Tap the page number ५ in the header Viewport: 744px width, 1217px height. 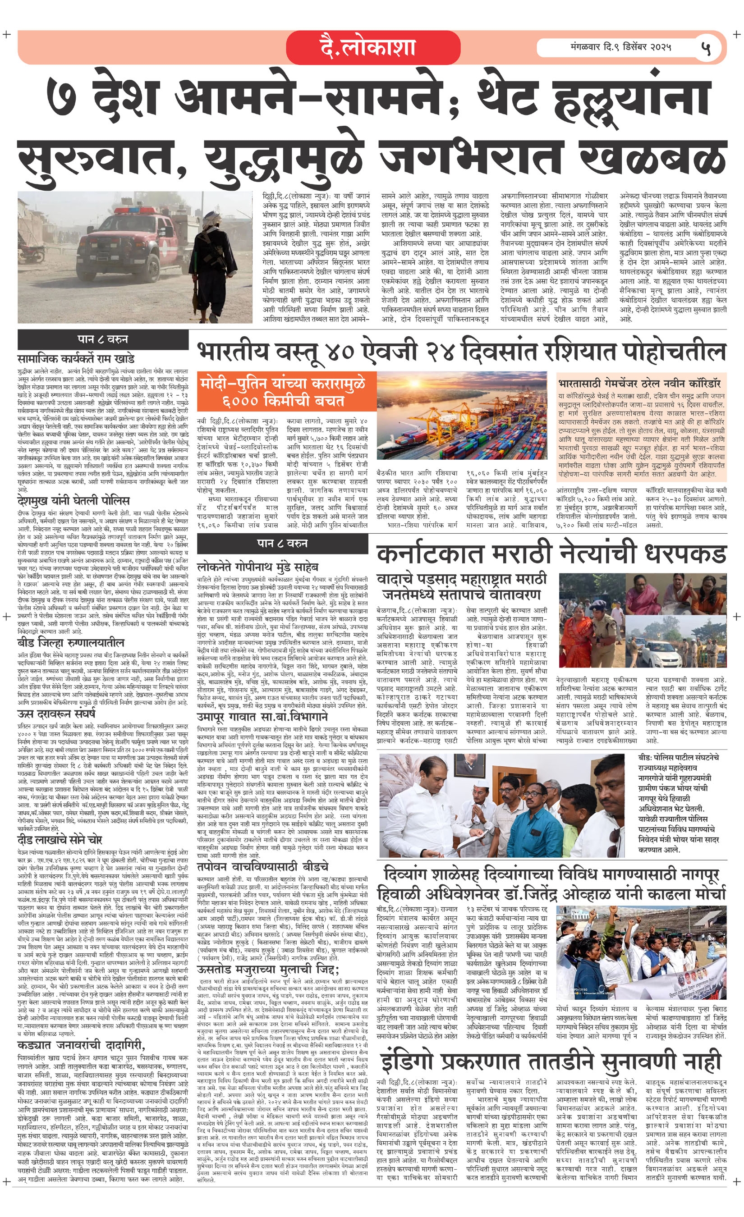(706, 48)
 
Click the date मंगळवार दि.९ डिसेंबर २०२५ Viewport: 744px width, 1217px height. (620, 47)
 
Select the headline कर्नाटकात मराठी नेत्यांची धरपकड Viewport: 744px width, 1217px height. (551, 554)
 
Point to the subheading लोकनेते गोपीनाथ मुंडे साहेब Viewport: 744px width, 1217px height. (257, 567)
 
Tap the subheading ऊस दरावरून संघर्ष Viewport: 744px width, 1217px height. (56, 714)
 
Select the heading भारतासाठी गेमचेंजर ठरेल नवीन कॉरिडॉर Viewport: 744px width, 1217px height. (639, 383)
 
